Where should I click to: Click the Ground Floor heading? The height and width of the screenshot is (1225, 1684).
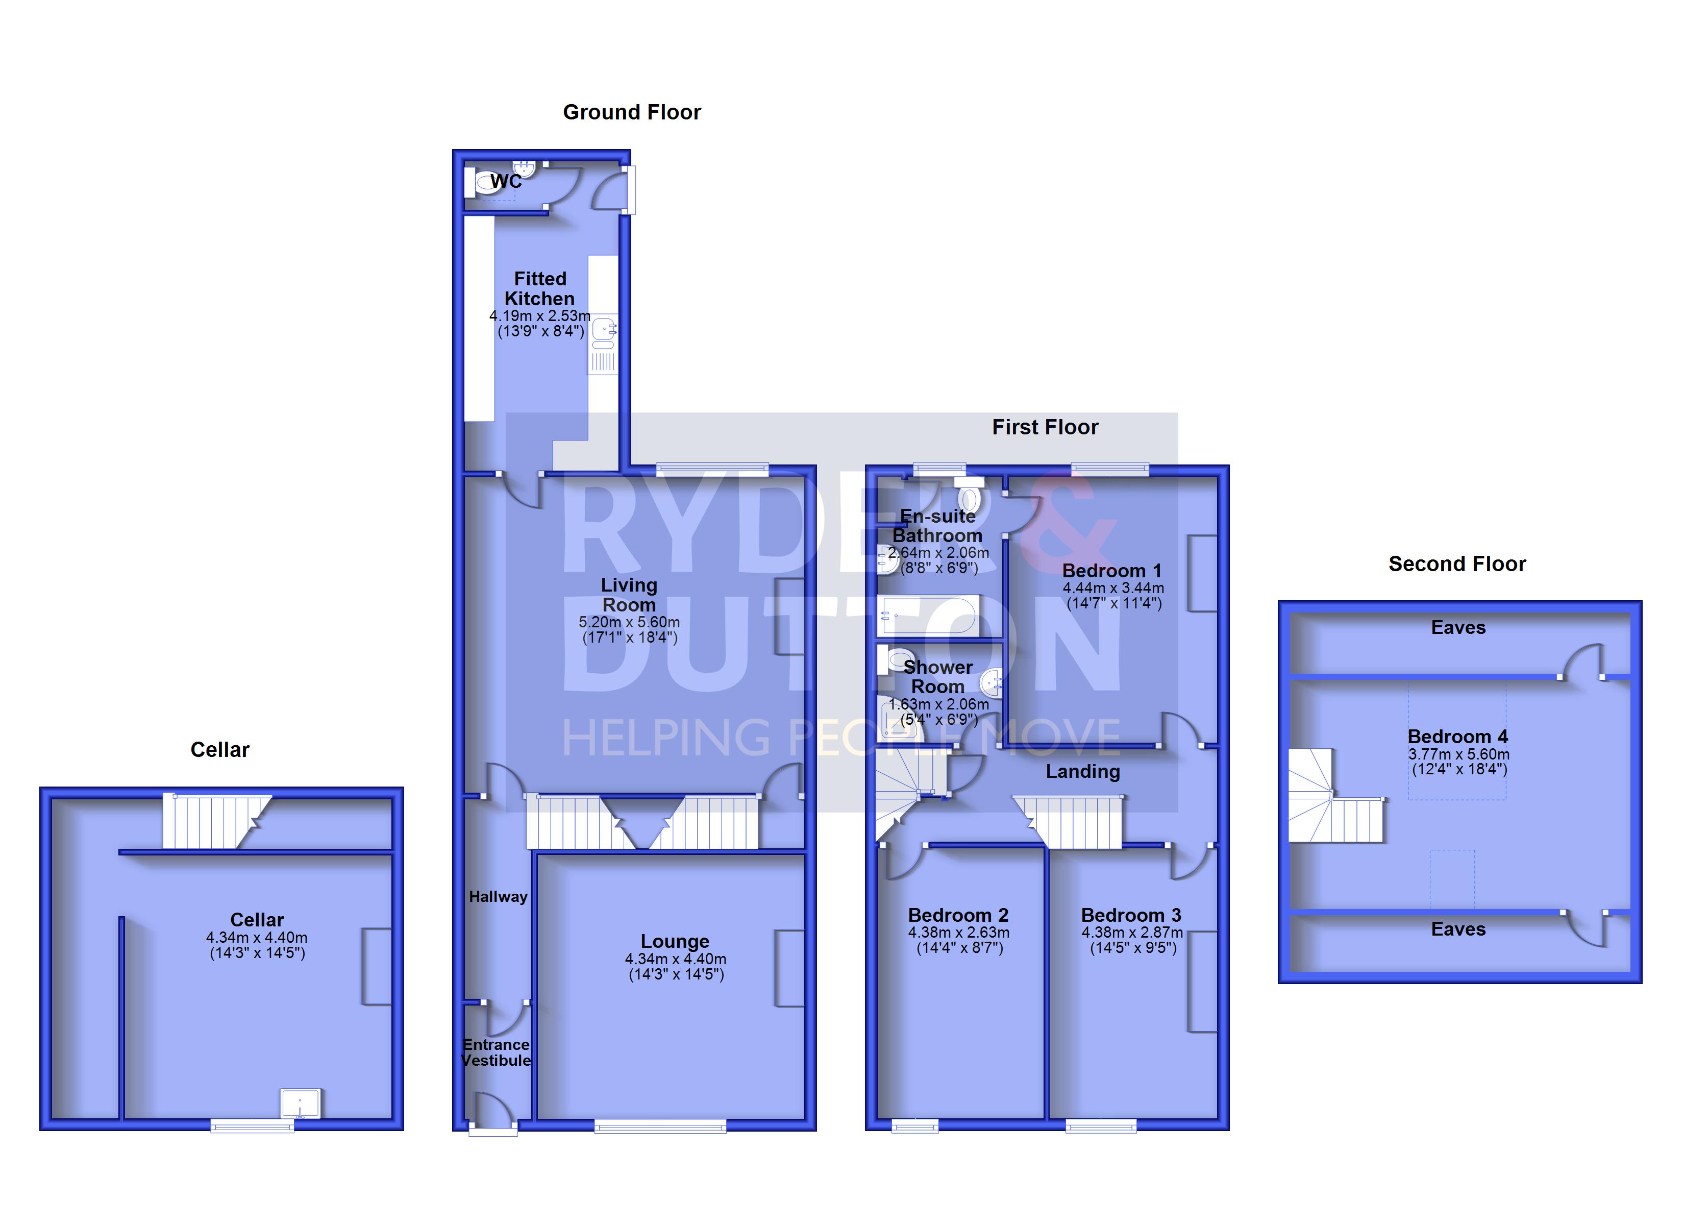click(631, 112)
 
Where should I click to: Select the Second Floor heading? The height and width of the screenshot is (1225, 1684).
click(1457, 564)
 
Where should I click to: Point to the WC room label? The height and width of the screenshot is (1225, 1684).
click(506, 181)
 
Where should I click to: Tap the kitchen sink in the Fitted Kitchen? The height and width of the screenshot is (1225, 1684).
click(604, 328)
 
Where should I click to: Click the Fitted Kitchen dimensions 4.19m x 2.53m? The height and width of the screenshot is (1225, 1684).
click(540, 316)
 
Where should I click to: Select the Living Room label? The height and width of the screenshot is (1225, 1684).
click(629, 595)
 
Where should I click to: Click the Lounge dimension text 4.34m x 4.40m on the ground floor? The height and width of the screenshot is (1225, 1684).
click(675, 959)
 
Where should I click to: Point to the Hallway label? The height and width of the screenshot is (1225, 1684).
click(498, 897)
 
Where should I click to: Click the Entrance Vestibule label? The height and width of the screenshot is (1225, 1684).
click(496, 1052)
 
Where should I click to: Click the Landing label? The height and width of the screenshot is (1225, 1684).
click(1082, 771)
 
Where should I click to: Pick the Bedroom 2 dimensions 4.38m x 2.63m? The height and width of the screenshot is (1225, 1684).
click(958, 933)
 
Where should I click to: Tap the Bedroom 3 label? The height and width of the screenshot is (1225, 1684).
click(1131, 915)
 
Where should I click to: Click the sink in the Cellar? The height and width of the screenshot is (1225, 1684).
click(300, 1103)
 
